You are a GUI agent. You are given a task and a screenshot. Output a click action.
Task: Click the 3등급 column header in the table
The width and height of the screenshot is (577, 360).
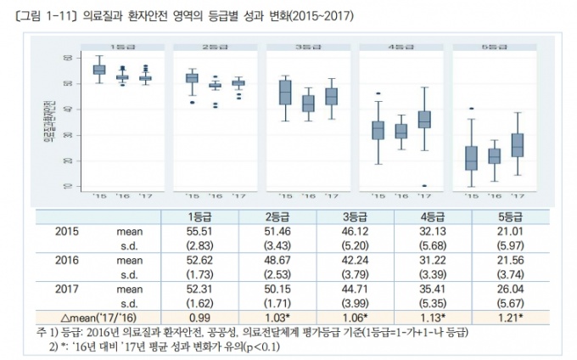coord(356,215)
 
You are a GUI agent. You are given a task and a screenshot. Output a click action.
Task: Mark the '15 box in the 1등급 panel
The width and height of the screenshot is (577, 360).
coord(99,70)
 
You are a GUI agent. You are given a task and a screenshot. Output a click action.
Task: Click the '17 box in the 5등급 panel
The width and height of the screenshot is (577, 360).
coord(517,145)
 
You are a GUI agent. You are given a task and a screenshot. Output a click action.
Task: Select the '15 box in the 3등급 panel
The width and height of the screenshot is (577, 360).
coord(285,93)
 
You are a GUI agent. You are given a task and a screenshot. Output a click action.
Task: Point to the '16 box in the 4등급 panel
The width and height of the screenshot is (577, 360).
coord(401,131)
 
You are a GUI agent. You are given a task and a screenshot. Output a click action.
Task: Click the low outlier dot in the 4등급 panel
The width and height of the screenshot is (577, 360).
coord(424,186)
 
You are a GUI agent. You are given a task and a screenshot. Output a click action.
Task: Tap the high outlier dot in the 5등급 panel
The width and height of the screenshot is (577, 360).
coord(472,109)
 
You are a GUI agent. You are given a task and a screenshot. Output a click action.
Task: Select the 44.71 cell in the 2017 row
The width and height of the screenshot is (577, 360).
coord(356,288)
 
